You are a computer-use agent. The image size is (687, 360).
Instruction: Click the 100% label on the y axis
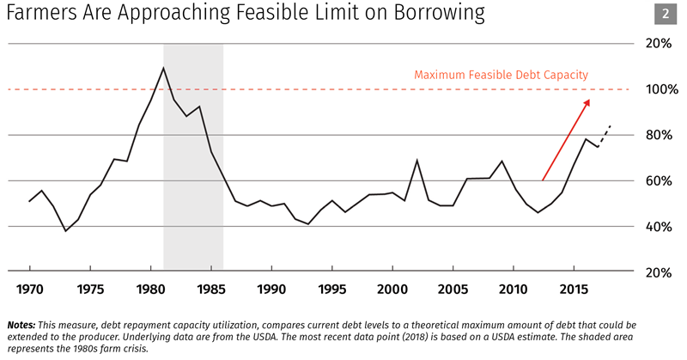pyautogui.click(x=656, y=89)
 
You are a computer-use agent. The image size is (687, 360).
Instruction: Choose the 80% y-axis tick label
pyautogui.click(x=658, y=135)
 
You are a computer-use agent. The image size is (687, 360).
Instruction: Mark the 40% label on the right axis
pyautogui.click(x=658, y=226)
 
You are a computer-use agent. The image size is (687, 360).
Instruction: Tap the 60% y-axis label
pyautogui.click(x=658, y=180)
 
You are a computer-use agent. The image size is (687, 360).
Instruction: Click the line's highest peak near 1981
pyautogui.click(x=163, y=68)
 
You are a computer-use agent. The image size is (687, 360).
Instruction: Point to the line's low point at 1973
pyautogui.click(x=65, y=231)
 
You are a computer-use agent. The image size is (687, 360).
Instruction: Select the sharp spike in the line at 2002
pyautogui.click(x=416, y=161)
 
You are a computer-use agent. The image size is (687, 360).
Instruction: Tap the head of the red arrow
pyautogui.click(x=588, y=101)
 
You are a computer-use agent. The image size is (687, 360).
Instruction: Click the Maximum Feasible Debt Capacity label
pyautogui.click(x=501, y=75)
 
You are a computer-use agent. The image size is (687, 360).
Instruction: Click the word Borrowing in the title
pyautogui.click(x=434, y=15)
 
